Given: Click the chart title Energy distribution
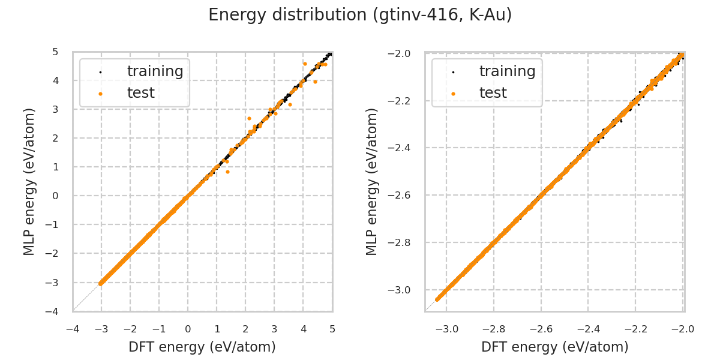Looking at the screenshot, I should (360, 15).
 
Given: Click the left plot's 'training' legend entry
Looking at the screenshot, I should (155, 71).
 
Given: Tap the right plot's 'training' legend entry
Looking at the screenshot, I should (507, 71).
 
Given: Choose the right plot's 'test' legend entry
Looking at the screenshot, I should (493, 93).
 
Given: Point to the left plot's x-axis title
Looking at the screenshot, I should (202, 347).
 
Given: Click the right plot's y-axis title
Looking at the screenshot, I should (372, 181).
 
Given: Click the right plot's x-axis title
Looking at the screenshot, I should (554, 347).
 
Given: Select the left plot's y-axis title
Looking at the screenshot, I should (29, 181).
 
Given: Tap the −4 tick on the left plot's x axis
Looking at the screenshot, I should (73, 329).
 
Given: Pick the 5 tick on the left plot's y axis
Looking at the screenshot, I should (55, 52).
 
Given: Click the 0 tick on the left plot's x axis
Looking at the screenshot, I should (188, 329).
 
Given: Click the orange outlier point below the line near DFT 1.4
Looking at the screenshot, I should (227, 172).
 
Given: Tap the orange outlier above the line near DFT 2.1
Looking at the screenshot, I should (249, 118).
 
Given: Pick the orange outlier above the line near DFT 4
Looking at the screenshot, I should (305, 64).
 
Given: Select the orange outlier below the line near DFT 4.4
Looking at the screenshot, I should (315, 82).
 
